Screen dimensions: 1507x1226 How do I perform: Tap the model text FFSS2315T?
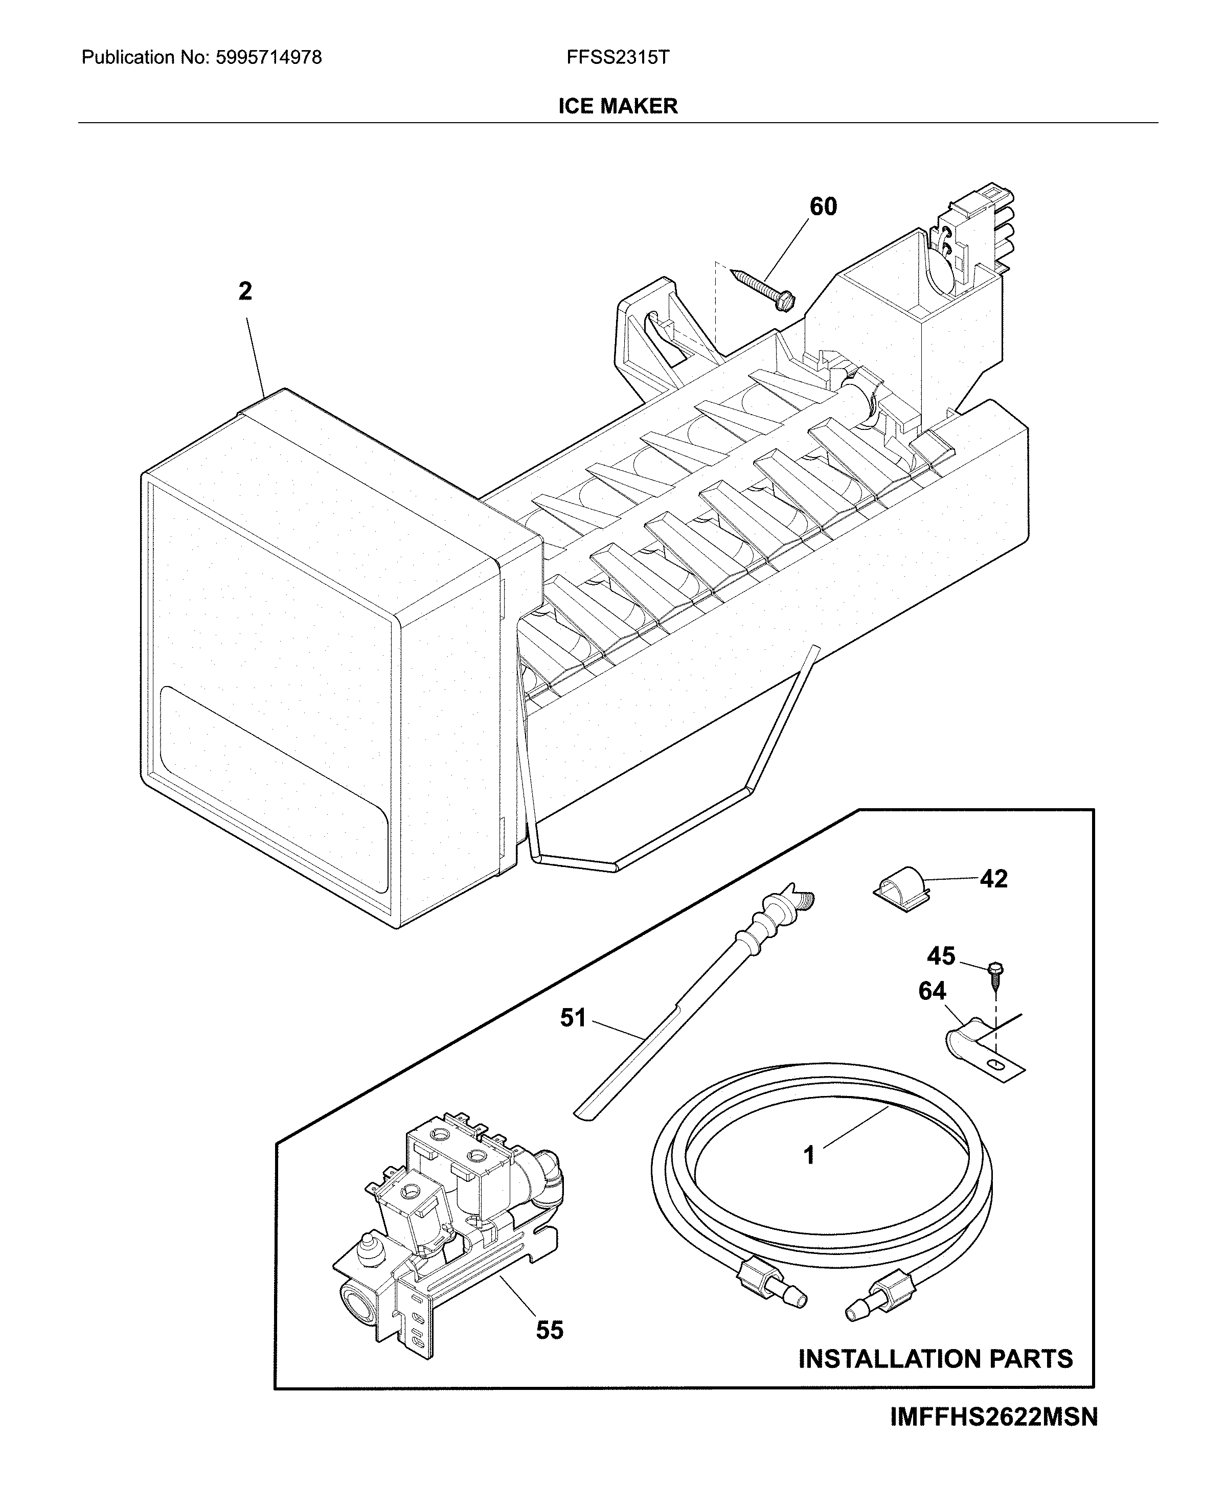(617, 58)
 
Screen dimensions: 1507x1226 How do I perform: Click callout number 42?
(993, 879)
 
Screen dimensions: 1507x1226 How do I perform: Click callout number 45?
(941, 956)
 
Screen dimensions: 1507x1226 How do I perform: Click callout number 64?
(932, 992)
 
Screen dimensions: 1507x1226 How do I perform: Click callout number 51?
(573, 1018)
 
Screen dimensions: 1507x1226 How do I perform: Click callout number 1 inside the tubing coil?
(809, 1155)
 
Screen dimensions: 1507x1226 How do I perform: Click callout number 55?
(550, 1331)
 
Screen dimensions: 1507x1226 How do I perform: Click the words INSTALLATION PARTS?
(935, 1359)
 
